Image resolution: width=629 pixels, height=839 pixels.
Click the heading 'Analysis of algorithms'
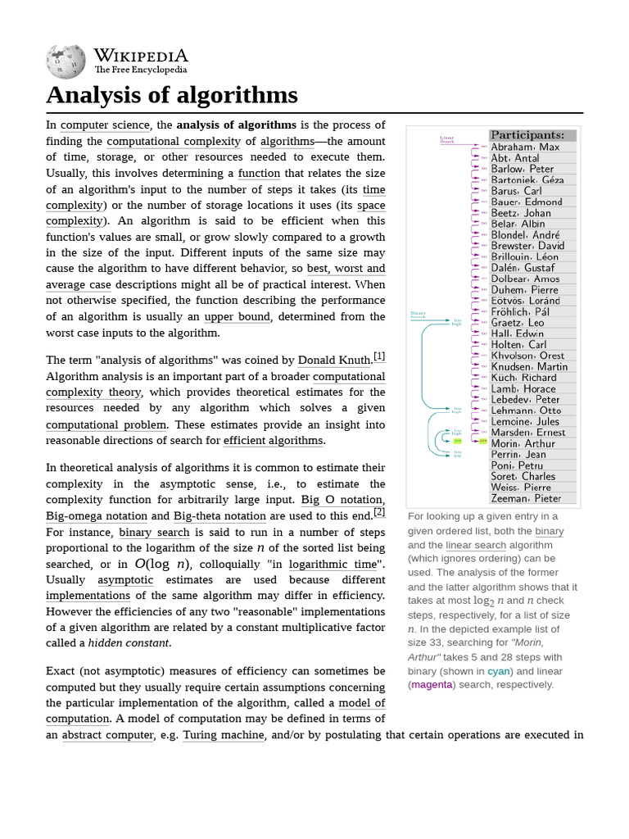(172, 96)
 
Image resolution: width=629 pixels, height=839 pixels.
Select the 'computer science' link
(106, 125)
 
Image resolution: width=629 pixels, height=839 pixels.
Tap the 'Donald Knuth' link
(334, 361)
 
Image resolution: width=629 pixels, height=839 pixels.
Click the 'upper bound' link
(238, 317)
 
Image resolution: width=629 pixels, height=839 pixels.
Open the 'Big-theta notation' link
(219, 516)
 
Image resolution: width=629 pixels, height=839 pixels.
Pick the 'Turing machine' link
(223, 735)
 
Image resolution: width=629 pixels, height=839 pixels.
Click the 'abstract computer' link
(108, 735)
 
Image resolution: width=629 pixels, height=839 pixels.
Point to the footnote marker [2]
(379, 512)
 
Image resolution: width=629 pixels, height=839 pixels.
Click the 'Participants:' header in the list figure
(527, 135)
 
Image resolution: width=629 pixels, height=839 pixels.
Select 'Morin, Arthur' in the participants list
(523, 443)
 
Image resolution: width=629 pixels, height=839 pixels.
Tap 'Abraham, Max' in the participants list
(525, 147)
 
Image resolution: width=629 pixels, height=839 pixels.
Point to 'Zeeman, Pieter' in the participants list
(526, 497)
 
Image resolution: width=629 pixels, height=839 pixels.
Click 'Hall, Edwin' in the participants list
(517, 333)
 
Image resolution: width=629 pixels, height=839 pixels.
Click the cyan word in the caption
(499, 671)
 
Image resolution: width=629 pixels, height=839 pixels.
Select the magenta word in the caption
(432, 685)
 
